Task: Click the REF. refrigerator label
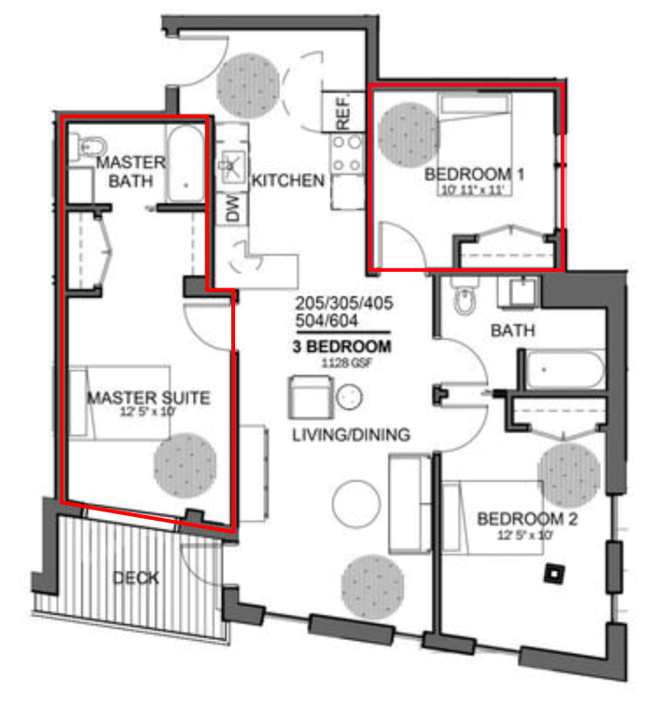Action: tap(342, 112)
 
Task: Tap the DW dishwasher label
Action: tap(232, 208)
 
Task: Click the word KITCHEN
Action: tap(288, 181)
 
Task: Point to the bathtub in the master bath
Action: tap(186, 163)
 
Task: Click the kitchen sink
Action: tap(232, 165)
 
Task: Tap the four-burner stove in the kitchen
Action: tap(347, 154)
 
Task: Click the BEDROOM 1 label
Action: tap(474, 174)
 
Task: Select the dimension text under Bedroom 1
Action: tap(473, 190)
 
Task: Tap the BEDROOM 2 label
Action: tap(527, 519)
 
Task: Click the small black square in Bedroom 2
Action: tap(555, 574)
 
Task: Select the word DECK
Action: tap(135, 578)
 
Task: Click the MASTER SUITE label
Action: tap(148, 398)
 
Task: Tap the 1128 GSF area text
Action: tap(347, 362)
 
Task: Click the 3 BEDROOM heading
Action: tap(341, 347)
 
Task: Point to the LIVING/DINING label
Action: tap(352, 434)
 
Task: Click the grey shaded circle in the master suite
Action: tap(185, 466)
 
